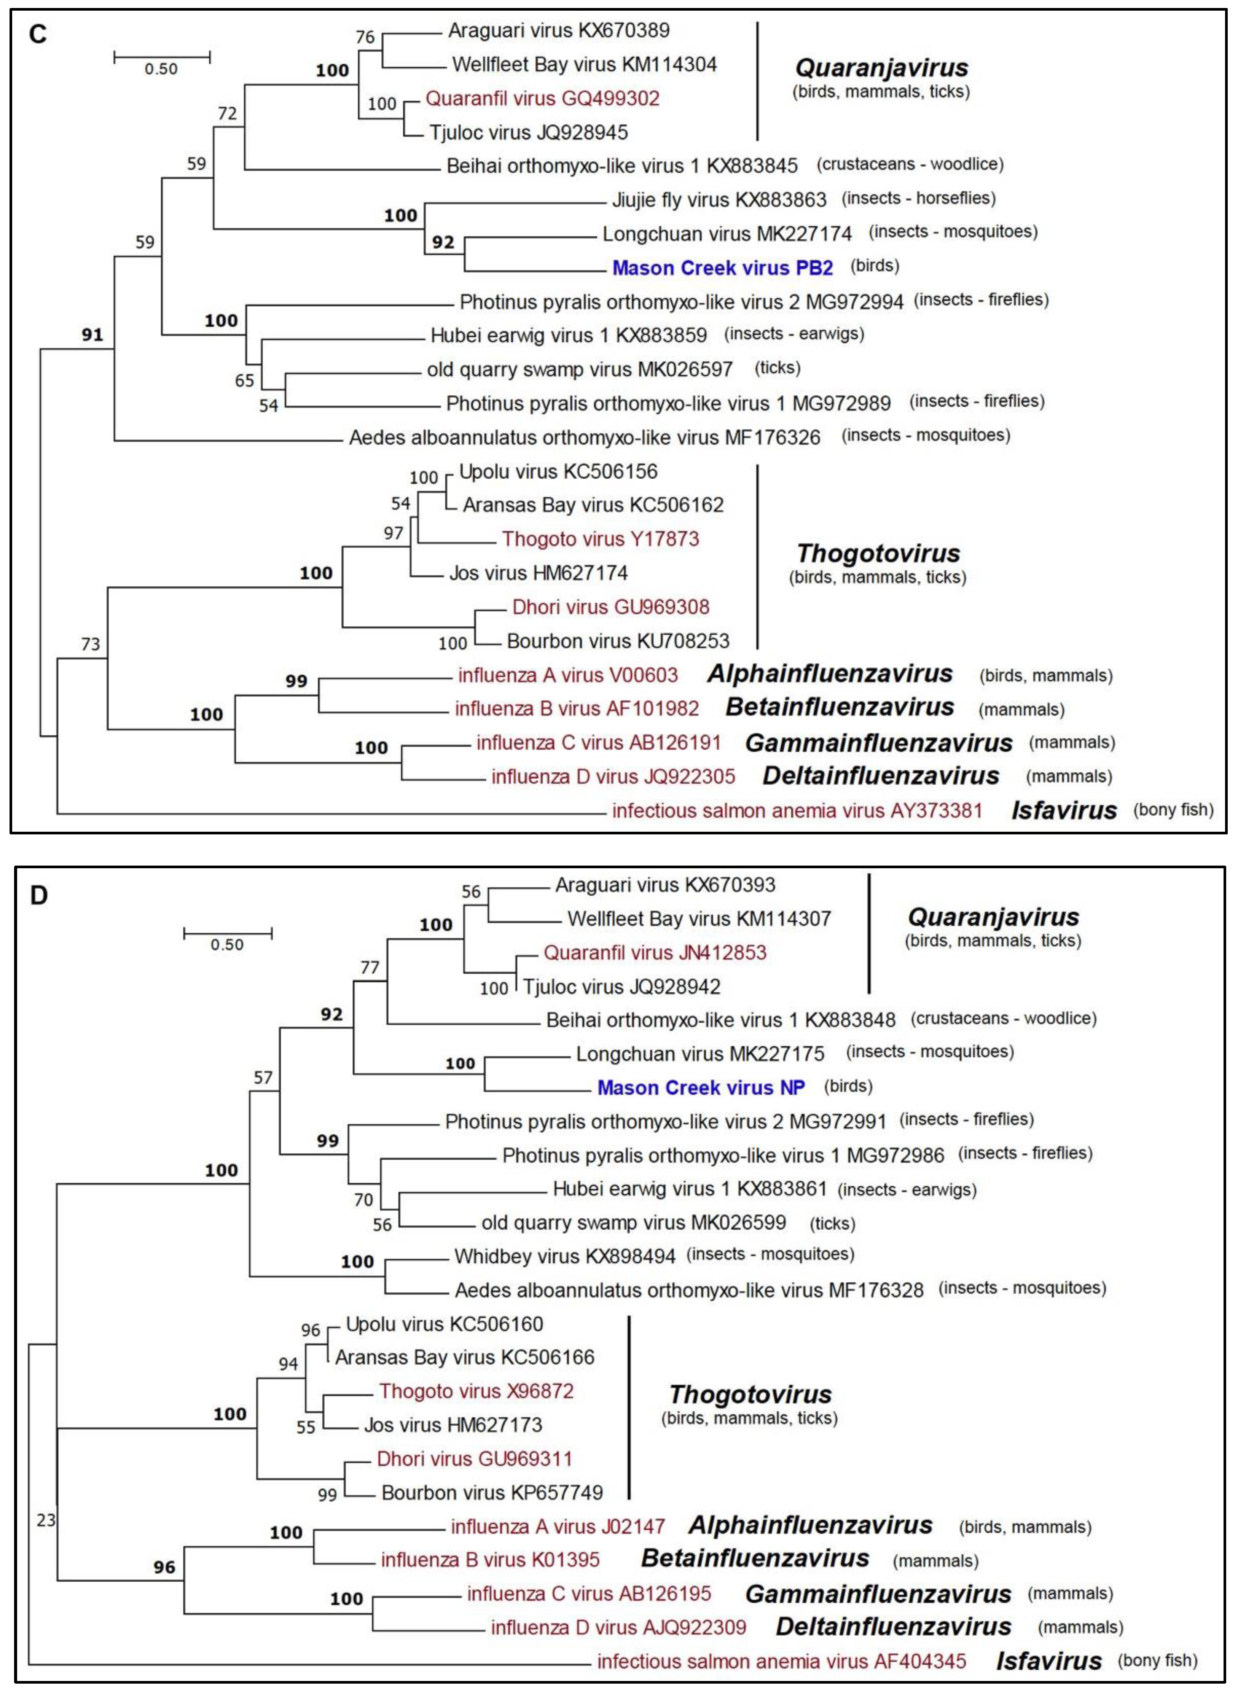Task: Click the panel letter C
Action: coord(37,35)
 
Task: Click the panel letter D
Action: coord(38,894)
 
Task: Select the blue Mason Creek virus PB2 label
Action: coord(722,267)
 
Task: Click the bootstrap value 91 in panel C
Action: coord(92,335)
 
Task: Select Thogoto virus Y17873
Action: coord(600,538)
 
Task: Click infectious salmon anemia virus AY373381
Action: coord(797,810)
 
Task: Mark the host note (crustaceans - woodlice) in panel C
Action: coord(910,164)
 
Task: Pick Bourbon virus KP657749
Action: coord(492,1492)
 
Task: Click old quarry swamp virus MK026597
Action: coord(579,369)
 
